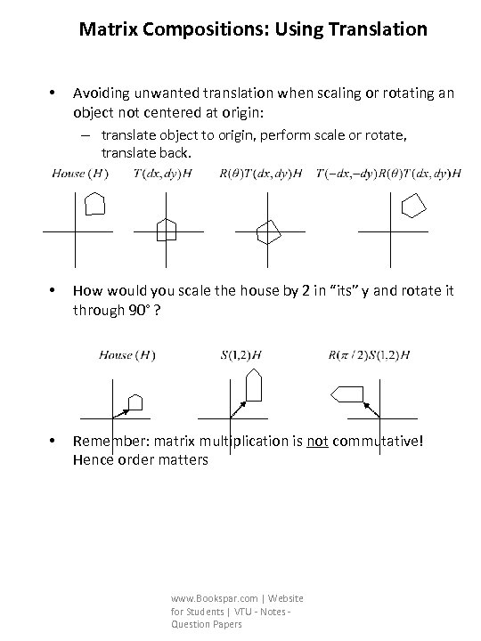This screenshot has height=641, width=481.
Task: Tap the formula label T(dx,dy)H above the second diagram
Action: click(163, 174)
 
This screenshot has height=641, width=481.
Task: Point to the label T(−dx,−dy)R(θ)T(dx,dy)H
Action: click(389, 174)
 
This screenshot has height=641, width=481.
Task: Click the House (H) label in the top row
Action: click(81, 174)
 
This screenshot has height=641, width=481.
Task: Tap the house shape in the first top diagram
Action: click(94, 204)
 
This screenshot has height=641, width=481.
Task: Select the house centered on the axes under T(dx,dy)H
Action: click(167, 230)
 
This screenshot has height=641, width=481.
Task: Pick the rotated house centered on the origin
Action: click(268, 231)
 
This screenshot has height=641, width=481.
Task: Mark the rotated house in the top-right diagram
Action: click(412, 206)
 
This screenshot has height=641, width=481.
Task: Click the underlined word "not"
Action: click(318, 441)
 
